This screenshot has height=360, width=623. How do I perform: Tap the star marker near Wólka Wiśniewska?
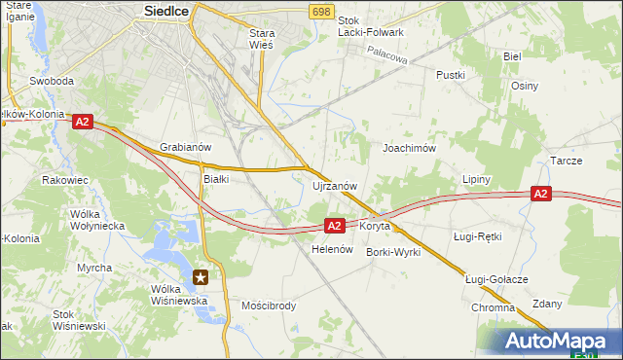[202, 277]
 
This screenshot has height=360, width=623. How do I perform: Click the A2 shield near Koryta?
[334, 226]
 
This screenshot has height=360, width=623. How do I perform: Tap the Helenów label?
[331, 249]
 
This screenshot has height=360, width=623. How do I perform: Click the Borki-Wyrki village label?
[393, 252]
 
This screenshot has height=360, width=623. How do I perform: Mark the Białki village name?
[215, 179]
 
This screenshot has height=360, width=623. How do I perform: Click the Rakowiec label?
[66, 180]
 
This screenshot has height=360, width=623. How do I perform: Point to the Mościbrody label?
[269, 306]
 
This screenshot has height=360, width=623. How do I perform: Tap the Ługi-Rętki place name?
[477, 236]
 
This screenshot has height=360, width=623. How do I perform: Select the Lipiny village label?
[477, 180]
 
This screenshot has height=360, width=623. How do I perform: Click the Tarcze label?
[566, 161]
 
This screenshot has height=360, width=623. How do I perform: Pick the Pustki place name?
[451, 75]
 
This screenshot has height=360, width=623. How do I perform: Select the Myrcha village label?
[94, 268]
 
